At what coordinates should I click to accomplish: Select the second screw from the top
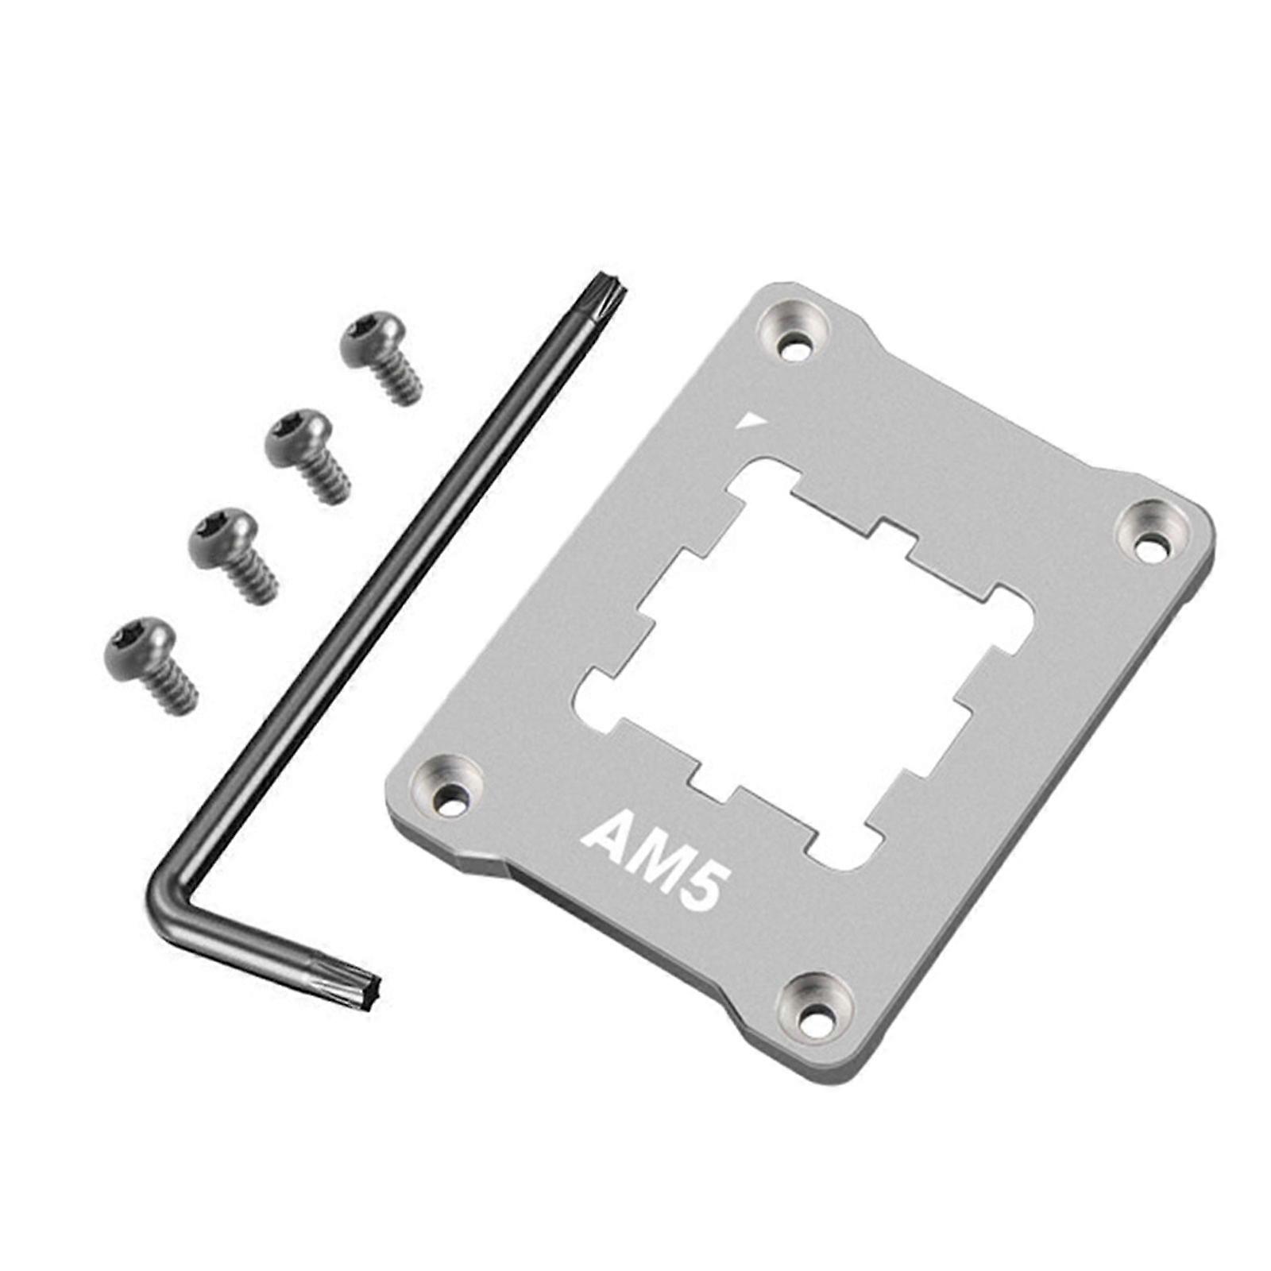coord(306,454)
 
